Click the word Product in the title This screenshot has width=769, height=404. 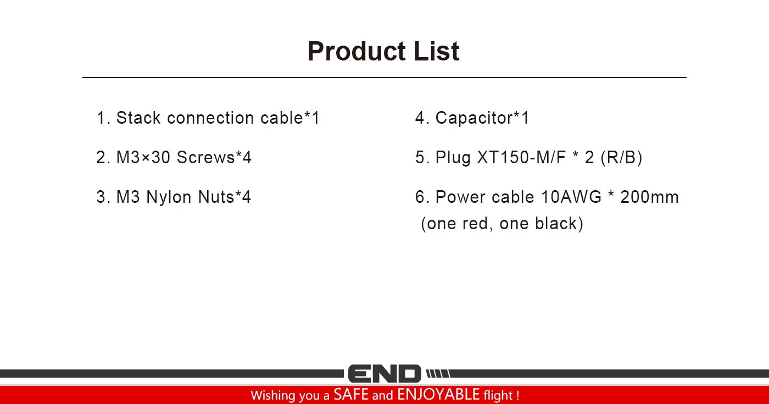[357, 52]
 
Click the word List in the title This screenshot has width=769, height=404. [437, 51]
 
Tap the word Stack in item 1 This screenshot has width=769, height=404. [138, 118]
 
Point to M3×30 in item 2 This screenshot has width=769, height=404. [143, 157]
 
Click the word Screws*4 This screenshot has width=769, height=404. [214, 157]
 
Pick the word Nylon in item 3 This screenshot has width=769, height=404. [169, 197]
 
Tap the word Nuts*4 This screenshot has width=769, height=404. [225, 197]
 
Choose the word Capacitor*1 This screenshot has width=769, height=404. [482, 118]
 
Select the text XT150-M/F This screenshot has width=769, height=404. [521, 157]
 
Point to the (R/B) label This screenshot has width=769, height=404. [621, 158]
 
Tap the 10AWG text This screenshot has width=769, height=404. [571, 197]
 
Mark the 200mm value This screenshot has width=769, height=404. [649, 197]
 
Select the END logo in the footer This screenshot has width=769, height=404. [384, 373]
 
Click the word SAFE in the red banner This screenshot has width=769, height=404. [351, 395]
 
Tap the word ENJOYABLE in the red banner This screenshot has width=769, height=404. [438, 395]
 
